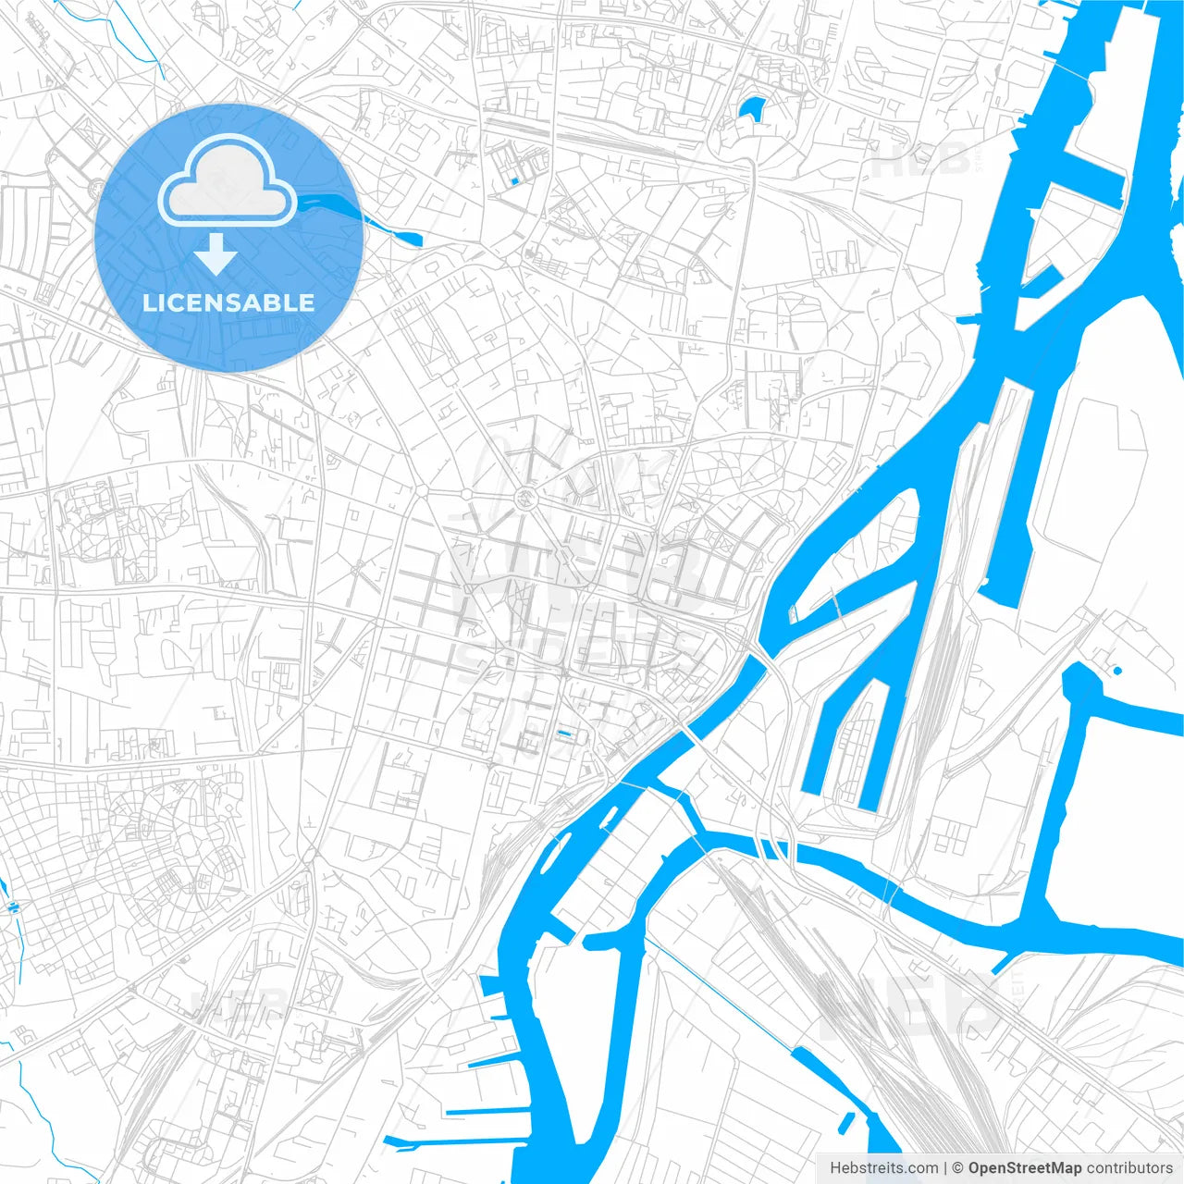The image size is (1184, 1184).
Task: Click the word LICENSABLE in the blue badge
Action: pyautogui.click(x=228, y=302)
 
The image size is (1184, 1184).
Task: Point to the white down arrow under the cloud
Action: pyautogui.click(x=216, y=254)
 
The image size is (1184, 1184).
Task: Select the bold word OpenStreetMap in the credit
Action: pyautogui.click(x=1025, y=1168)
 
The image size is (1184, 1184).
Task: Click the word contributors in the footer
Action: pyautogui.click(x=1129, y=1168)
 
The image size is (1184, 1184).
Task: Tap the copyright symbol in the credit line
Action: pyautogui.click(x=958, y=1168)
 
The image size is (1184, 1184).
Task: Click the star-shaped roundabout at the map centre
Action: pyautogui.click(x=526, y=499)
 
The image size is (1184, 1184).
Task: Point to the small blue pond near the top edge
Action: pyautogui.click(x=752, y=108)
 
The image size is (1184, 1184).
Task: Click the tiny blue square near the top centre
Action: pyautogui.click(x=514, y=181)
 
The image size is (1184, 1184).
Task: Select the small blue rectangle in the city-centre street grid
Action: pyautogui.click(x=564, y=734)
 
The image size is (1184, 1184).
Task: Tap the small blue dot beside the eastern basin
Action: pyautogui.click(x=1117, y=670)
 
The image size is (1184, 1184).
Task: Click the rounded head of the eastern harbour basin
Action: pyautogui.click(x=1080, y=683)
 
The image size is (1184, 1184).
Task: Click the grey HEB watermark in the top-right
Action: pyautogui.click(x=920, y=163)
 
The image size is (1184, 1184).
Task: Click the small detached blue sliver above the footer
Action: pyautogui.click(x=845, y=1123)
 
